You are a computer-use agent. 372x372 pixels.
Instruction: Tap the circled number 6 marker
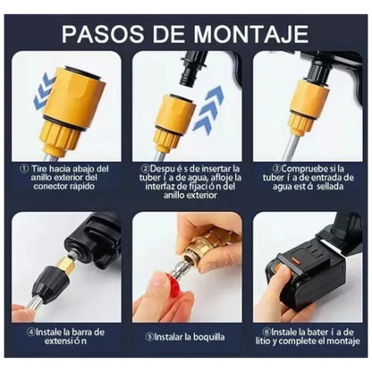[260, 330]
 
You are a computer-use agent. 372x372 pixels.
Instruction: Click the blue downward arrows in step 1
[42, 93]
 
